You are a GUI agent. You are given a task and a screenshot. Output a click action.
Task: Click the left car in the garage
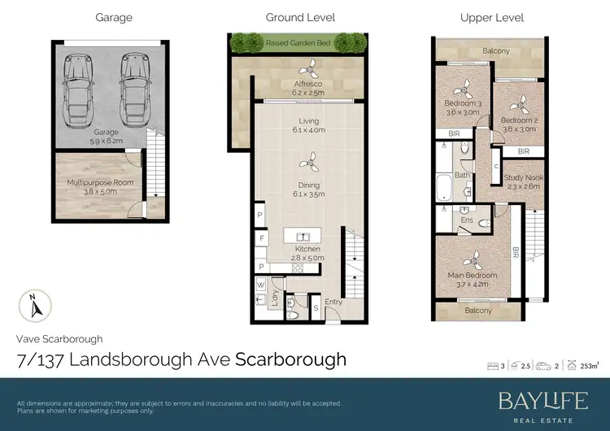78,87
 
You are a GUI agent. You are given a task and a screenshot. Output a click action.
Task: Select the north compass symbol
33,307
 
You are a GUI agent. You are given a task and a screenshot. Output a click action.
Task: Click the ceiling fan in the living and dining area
308,159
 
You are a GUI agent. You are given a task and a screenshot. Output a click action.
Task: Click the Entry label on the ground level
334,303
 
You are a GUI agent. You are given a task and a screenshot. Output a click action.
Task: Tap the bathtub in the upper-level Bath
445,188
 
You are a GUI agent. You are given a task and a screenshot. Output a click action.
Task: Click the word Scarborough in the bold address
290,359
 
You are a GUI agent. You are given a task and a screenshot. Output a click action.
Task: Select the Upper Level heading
491,17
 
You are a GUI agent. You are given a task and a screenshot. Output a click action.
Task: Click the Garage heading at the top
113,17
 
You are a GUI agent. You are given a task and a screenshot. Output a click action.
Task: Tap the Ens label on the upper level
467,220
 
